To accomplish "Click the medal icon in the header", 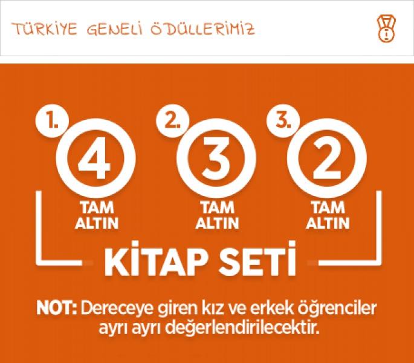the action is coord(386,29).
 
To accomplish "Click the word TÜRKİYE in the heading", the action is coord(45,29).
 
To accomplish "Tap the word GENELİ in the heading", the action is coord(115,29).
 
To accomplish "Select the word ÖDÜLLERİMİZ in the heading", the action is coord(203,29).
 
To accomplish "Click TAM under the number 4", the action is coord(97,208).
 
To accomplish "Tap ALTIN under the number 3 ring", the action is coord(218,223).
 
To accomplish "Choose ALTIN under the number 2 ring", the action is coord(328,223).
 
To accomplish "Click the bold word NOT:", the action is coord(56,308).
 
